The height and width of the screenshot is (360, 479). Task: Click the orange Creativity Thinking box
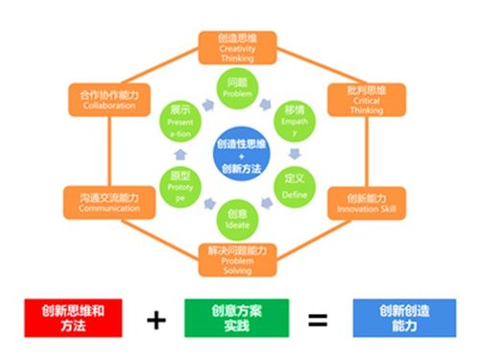point(237,46)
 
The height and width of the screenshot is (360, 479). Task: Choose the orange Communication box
point(109,203)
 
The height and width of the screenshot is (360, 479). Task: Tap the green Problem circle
point(237,86)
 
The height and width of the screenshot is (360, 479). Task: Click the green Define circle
point(295,183)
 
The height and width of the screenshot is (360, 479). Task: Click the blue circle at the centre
point(237,151)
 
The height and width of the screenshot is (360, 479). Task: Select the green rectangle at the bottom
point(236,319)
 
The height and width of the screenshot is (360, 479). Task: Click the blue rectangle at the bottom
point(403,319)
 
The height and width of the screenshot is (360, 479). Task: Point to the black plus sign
point(156,319)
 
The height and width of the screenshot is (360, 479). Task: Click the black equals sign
point(320,319)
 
